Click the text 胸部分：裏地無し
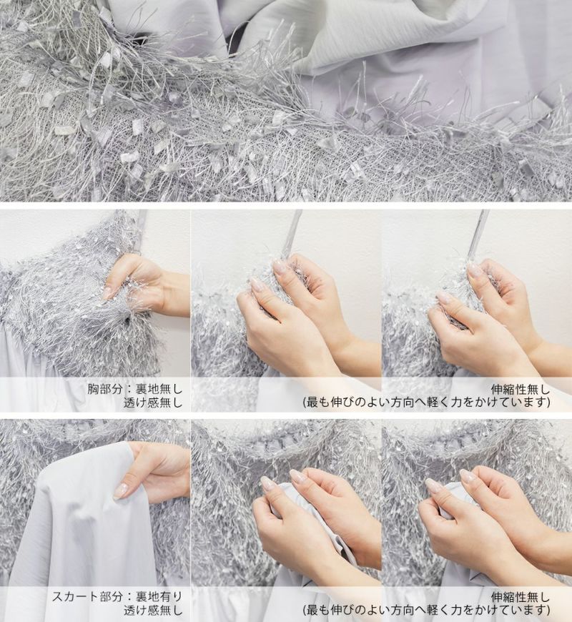click(x=135, y=388)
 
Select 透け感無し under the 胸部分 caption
click(x=153, y=403)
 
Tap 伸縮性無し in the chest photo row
click(x=521, y=388)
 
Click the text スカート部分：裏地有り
click(x=117, y=596)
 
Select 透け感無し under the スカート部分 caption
click(x=153, y=610)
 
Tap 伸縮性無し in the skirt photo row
click(x=521, y=596)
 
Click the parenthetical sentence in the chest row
click(x=426, y=403)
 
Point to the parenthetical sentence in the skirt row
click(x=426, y=610)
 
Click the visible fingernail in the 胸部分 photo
click(x=107, y=293)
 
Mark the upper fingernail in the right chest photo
click(x=474, y=272)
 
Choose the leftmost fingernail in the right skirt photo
click(x=433, y=485)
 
